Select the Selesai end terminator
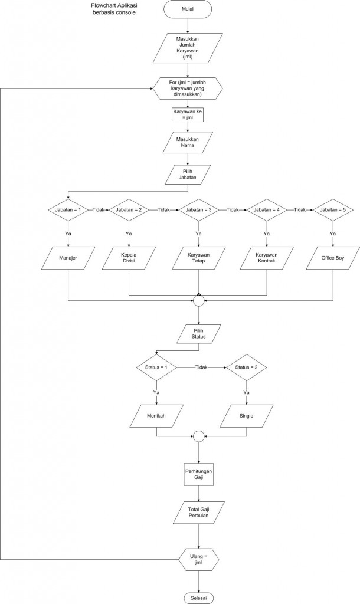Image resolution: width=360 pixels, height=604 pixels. [198, 598]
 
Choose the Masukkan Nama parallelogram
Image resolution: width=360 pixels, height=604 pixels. [188, 142]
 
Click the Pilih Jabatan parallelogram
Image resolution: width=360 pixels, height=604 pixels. [188, 174]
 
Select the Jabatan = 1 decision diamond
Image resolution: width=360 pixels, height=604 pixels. [68, 209]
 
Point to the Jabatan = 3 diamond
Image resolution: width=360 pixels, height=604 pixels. [199, 209]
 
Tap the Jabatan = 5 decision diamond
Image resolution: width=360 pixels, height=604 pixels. [332, 209]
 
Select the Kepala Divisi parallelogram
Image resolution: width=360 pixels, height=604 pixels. [129, 258]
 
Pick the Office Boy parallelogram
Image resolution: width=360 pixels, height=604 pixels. [332, 258]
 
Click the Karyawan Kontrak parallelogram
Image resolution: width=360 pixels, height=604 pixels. [266, 258]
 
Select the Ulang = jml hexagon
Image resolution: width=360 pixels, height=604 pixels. [198, 559]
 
